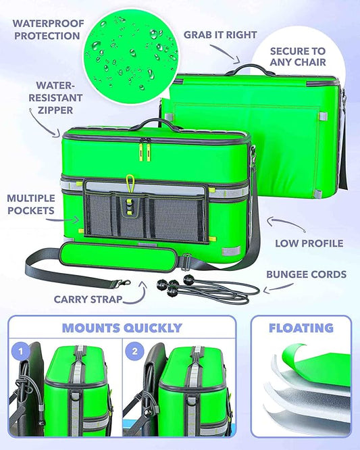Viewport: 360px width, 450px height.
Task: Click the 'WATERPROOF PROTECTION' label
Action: coord(48,30)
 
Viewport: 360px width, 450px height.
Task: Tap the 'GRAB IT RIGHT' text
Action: coord(220,34)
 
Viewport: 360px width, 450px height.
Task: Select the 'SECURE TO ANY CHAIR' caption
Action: coord(298,57)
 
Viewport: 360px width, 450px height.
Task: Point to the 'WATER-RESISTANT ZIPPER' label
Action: coord(55,97)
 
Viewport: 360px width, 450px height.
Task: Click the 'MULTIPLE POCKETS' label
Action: coord(31,204)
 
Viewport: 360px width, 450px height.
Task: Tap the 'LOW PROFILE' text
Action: coord(309,243)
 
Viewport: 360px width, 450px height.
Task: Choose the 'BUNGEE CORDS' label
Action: coord(307,274)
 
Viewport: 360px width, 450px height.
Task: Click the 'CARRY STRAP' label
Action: coord(88,299)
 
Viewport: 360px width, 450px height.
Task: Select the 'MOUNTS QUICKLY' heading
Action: coord(122,328)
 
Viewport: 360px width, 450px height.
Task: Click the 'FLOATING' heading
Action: coord(301,328)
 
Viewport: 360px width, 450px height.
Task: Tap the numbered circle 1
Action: coord(21,351)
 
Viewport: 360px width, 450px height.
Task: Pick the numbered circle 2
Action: coord(135,351)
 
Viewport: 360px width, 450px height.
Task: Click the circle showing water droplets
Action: coord(131,57)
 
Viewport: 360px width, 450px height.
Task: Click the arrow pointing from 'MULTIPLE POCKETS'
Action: coord(63,220)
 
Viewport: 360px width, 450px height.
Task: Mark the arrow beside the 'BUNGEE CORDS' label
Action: coord(278,289)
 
